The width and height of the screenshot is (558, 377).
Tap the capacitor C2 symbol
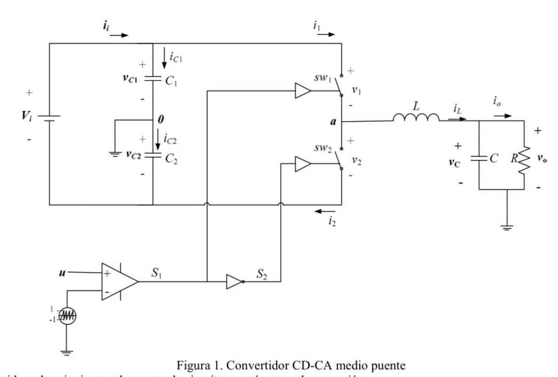point(153,155)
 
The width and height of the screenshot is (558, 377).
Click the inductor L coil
point(416,119)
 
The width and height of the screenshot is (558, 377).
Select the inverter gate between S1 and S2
point(235,282)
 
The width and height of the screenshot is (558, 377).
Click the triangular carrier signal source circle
point(66,316)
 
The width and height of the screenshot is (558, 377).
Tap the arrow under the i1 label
point(325,34)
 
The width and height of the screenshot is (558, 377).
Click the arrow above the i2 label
point(325,212)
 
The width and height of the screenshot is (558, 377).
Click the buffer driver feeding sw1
point(303,90)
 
